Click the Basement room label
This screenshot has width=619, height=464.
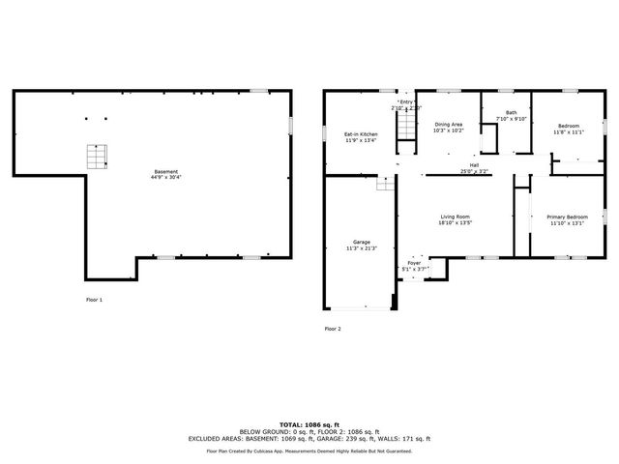[x=164, y=172]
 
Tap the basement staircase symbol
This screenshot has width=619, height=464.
[x=96, y=157]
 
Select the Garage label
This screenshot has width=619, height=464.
[x=361, y=242]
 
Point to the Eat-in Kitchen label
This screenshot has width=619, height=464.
[x=361, y=134]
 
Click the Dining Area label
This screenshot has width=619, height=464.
[x=448, y=124]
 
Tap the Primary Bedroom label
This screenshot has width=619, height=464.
[x=567, y=217]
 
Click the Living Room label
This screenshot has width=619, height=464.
[x=456, y=217]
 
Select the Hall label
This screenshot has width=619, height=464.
[x=475, y=165]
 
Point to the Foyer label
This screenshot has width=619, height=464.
[x=414, y=262]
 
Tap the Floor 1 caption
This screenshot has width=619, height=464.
[x=95, y=300]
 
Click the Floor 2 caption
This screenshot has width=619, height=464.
[x=333, y=329]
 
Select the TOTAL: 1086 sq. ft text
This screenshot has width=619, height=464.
[x=309, y=424]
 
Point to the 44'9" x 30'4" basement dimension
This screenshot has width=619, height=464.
[x=164, y=178]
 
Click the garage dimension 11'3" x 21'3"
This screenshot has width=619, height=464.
[x=361, y=248]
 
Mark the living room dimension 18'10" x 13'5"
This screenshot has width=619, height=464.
[x=456, y=223]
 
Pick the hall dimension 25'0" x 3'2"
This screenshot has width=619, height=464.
[x=475, y=171]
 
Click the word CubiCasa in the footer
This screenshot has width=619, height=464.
[x=287, y=450]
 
